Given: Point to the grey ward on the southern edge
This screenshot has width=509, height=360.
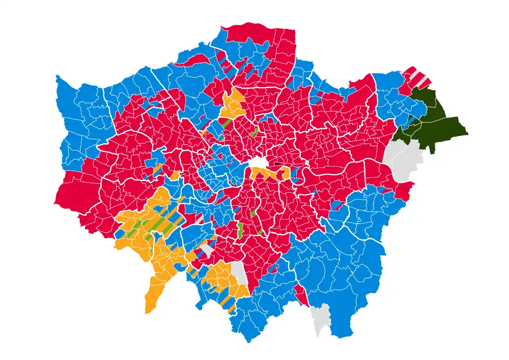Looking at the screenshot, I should click(x=321, y=318).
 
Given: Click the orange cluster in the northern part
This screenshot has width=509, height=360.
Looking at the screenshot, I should click(x=233, y=104).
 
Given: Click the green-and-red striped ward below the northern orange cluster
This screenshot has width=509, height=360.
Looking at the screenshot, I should click(x=227, y=123).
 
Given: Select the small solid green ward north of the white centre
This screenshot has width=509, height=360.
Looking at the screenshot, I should click(x=254, y=132).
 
